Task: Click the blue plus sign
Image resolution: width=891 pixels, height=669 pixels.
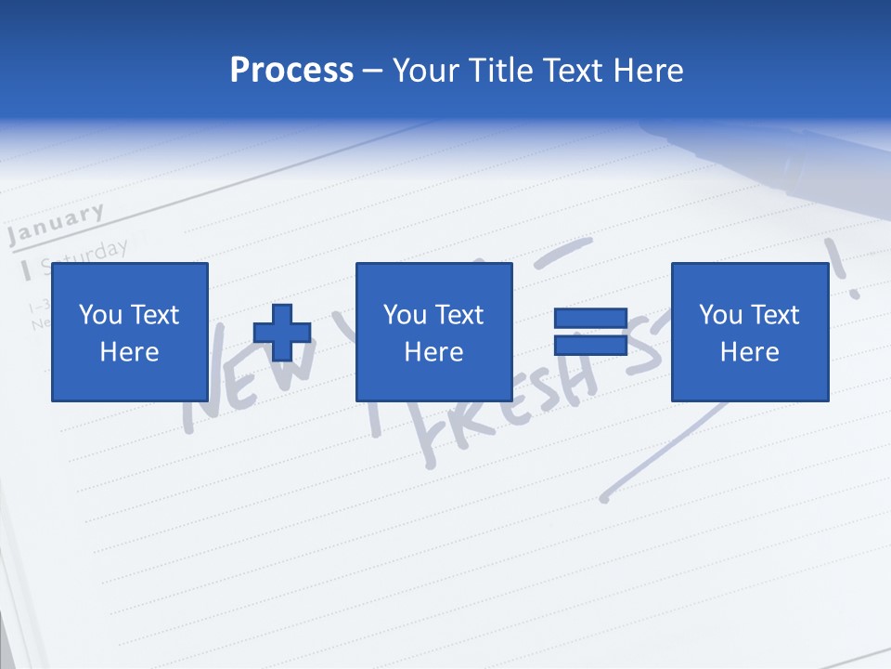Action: coord(282,333)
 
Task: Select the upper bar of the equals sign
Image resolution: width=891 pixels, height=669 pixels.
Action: coord(590,318)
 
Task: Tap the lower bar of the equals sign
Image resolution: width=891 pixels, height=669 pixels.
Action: coord(590,345)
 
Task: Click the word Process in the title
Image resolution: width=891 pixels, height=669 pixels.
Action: coord(291,71)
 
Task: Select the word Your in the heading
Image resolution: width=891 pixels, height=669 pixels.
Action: coord(427,71)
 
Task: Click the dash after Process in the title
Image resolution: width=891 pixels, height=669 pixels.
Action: coord(373,71)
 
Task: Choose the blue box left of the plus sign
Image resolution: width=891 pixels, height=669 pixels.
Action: coord(129,332)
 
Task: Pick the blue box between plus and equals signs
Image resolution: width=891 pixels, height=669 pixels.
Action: coord(433,332)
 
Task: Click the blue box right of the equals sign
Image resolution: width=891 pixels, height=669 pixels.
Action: coord(749,332)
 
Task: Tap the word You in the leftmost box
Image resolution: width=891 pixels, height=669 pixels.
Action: coord(98,315)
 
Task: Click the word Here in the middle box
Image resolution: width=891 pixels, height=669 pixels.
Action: coord(433,352)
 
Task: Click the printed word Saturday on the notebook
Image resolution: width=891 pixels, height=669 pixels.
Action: coord(88,253)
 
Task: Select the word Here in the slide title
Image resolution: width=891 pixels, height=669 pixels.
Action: coord(648,71)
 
